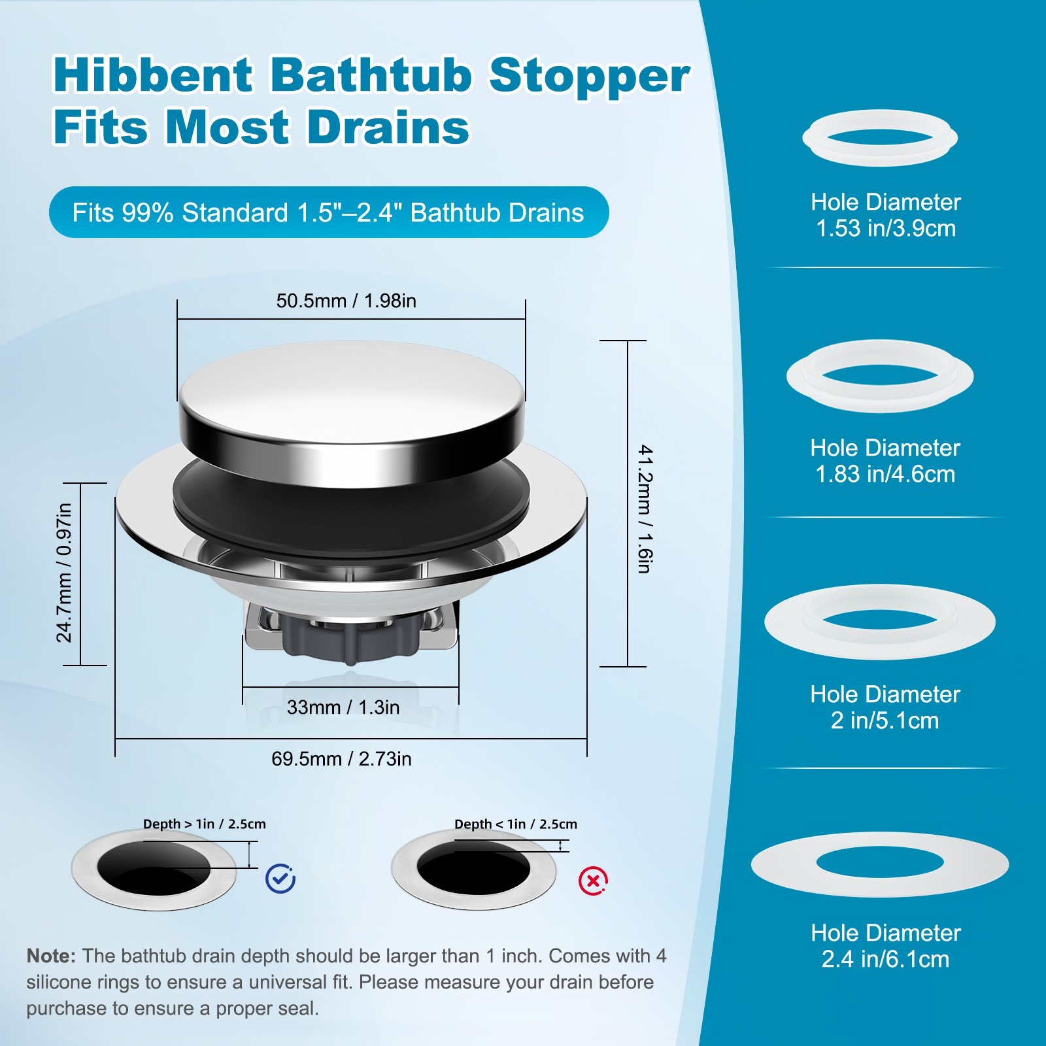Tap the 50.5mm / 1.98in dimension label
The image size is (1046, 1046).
tap(346, 301)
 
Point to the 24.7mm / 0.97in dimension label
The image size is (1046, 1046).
tap(64, 573)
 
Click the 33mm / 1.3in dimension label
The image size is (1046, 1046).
tap(343, 707)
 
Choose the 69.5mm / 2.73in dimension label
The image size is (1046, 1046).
tap(341, 759)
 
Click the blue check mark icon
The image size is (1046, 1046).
tap(280, 879)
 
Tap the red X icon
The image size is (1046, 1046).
tap(593, 881)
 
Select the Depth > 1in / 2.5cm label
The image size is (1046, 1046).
tap(205, 824)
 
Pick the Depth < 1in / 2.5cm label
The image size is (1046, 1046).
tap(516, 824)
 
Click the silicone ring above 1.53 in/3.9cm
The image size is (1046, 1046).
tap(880, 138)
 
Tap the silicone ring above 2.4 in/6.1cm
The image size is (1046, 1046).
tap(880, 864)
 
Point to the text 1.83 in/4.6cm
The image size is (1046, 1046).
tap(885, 474)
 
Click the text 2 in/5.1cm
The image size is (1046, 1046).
tap(885, 720)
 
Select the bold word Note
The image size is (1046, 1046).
tap(50, 956)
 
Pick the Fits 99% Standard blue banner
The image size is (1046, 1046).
tap(328, 212)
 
